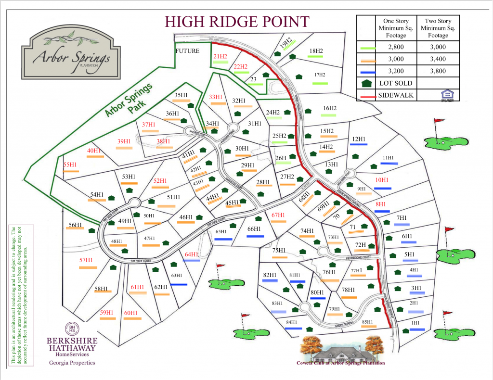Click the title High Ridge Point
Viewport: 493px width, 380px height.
tap(236, 22)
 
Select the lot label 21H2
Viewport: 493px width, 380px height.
tap(220, 56)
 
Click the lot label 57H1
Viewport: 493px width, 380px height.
tap(86, 260)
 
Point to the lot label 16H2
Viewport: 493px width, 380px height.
tap(330, 108)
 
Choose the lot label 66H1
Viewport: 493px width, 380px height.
tap(254, 229)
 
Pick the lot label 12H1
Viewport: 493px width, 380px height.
tap(359, 139)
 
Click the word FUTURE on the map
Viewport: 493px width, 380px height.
tap(187, 51)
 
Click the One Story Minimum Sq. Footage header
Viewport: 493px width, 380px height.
tap(396, 28)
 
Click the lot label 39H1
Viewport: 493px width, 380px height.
tap(124, 141)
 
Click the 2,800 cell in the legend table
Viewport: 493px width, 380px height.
tap(396, 47)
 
